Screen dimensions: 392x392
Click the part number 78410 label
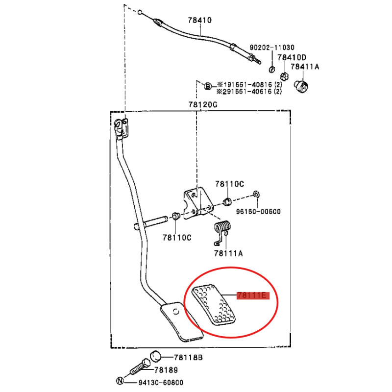200,20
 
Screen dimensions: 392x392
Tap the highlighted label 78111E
253,295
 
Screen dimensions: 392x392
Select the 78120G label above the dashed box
203,104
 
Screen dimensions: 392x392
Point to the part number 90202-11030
272,48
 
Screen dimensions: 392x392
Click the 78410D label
292,57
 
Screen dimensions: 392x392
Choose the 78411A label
305,67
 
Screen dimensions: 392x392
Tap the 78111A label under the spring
228,253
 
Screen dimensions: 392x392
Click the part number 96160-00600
258,212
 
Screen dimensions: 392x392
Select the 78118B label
188,358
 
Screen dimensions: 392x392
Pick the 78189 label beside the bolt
166,370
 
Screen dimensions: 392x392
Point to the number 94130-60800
161,383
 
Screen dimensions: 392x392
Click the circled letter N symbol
120,381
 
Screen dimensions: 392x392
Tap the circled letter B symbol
208,87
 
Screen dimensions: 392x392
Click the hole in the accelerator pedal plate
176,312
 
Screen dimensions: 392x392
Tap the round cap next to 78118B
155,356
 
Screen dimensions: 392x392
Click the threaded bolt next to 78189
140,367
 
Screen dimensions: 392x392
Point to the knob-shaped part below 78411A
301,87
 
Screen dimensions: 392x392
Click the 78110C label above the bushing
229,184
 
